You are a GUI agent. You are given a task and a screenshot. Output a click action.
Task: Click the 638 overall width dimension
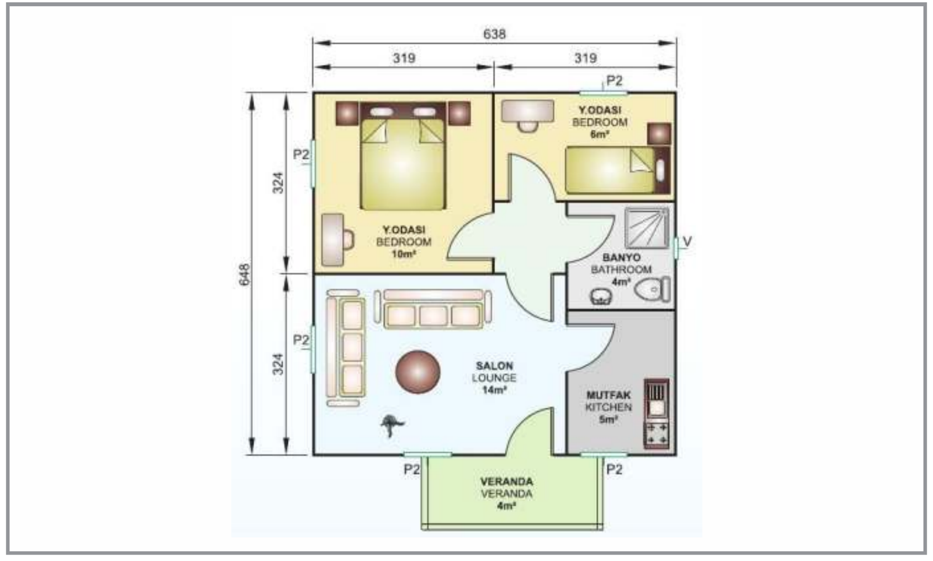coord(494,34)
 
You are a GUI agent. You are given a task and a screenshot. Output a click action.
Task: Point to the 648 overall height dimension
coord(244,274)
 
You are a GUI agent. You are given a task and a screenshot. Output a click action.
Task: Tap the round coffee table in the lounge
coord(418,372)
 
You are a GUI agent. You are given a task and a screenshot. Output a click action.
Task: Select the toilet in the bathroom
coord(653,289)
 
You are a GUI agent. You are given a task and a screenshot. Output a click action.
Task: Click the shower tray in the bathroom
coord(647,228)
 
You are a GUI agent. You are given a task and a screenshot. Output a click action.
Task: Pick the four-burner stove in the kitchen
coord(657,435)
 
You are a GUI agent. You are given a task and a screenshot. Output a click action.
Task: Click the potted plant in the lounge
coord(391,425)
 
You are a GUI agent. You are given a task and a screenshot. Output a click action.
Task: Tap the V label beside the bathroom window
coord(688,242)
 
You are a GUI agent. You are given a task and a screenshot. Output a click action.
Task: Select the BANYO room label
coord(622,257)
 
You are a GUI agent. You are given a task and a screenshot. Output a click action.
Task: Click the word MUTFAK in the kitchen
coord(609,395)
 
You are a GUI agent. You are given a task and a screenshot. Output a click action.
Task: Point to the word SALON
coord(494,366)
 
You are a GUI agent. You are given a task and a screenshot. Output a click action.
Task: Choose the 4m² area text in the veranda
coord(507,506)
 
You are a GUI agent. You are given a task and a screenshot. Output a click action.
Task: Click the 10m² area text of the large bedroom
coord(404,254)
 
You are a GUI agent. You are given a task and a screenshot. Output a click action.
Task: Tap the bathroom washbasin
coord(601,296)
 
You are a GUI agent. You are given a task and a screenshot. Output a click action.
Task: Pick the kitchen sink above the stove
coord(657,400)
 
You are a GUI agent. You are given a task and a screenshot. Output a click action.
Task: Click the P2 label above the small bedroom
coord(614,80)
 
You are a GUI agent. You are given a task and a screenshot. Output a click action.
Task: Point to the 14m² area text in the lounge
coord(494,390)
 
